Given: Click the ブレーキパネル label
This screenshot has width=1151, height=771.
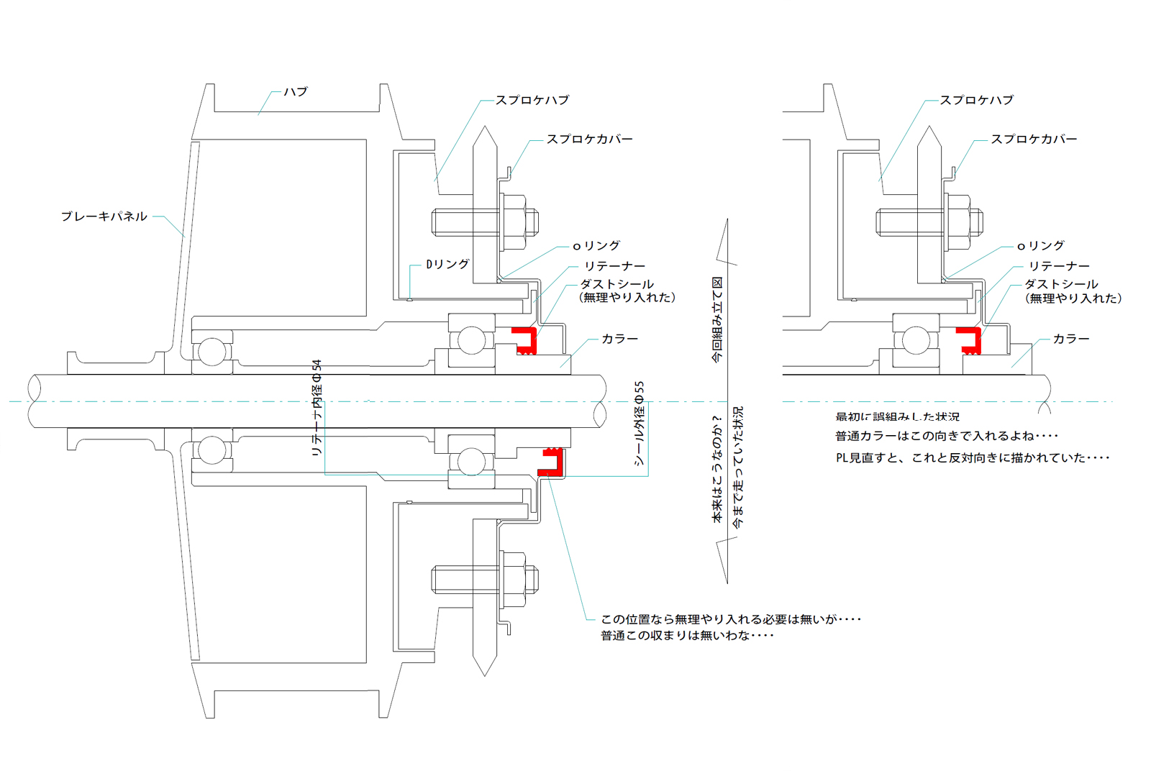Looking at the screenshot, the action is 104,216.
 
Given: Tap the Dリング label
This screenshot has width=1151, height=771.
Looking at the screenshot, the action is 447,265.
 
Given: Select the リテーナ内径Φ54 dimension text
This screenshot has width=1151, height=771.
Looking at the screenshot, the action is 317,408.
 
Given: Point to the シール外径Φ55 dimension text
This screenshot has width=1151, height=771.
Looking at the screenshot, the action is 639,424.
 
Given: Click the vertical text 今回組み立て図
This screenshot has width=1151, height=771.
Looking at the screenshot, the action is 717,319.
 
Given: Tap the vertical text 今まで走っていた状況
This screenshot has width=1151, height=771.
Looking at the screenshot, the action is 738,467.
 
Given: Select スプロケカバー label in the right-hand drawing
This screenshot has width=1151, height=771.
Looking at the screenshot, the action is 1034,140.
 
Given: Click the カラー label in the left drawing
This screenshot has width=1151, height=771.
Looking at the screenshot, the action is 619,339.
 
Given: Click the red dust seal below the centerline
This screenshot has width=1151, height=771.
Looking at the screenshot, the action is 550,462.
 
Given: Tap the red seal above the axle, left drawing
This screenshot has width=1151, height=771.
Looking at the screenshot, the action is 525,340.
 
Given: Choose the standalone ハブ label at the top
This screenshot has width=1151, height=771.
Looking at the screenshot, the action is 296,92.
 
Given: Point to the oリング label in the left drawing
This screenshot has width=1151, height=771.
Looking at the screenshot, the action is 596,246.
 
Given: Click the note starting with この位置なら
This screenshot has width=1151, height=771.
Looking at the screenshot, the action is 730,619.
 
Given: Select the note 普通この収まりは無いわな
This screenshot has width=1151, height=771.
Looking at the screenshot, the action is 687,636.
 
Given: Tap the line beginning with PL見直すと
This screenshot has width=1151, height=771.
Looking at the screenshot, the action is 972,458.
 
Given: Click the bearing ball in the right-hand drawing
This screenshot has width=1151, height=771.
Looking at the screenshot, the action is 916,340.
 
